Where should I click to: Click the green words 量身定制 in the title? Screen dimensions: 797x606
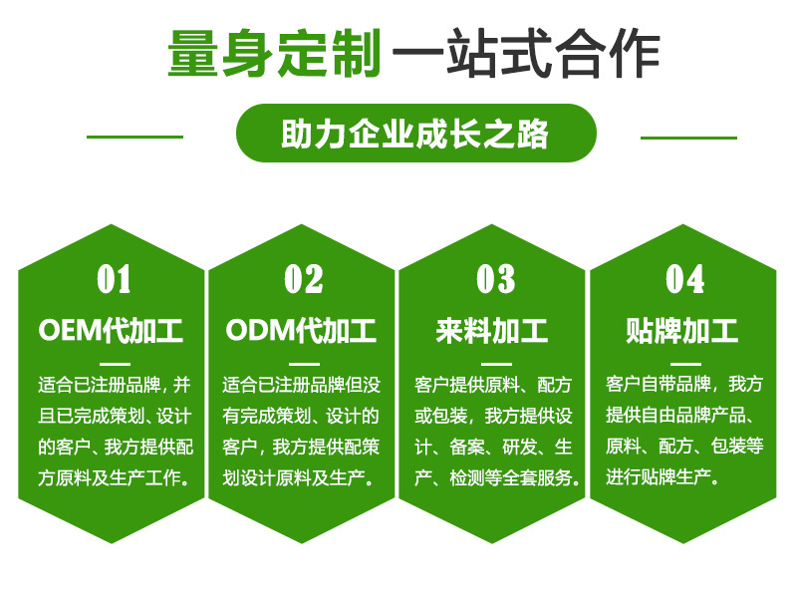coord(274,54)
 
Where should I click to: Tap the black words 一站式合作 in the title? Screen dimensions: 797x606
coord(526,54)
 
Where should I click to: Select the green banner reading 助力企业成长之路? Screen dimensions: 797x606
coord(415,134)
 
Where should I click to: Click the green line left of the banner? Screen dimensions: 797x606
coord(134,137)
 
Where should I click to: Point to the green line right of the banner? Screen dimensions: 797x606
coord(688,138)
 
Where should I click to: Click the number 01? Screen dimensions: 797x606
coord(114,279)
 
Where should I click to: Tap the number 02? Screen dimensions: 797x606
coord(304,279)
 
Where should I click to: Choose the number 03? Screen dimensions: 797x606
coord(495,279)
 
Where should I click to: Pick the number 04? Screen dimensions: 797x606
coord(685,279)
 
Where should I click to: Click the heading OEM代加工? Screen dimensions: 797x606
coord(111,331)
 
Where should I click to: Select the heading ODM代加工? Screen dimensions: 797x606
coord(302,331)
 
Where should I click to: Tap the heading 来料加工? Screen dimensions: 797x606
coord(492,331)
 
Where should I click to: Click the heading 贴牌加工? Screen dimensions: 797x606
coord(682,331)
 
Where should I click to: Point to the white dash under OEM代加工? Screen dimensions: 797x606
coord(115,364)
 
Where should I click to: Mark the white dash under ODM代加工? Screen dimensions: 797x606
coord(304,364)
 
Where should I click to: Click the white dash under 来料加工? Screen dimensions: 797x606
coord(496,364)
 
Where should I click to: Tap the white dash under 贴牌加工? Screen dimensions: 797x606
coord(685,364)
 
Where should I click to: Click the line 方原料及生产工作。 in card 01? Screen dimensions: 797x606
coord(115,477)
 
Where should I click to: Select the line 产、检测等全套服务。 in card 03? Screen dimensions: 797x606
coord(497,477)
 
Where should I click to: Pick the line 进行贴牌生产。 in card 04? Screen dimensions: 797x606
coord(663,476)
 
